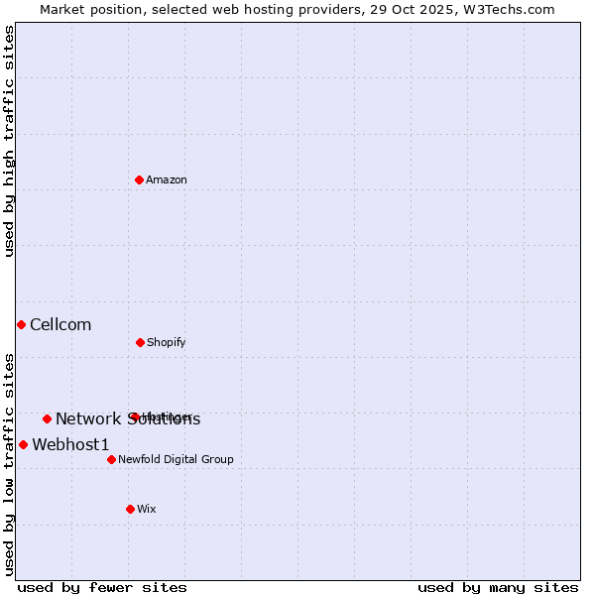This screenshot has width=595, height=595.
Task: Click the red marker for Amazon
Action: [140, 179]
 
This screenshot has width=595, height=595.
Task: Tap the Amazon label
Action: [167, 179]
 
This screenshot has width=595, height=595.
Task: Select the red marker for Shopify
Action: [140, 342]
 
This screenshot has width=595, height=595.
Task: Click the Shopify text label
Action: [167, 342]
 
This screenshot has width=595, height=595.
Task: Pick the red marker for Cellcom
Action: [21, 324]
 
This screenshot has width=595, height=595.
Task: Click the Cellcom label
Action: [60, 324]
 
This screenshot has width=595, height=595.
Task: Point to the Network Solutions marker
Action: [47, 418]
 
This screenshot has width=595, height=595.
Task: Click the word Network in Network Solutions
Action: [86, 418]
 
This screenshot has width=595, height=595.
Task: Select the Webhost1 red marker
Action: [23, 444]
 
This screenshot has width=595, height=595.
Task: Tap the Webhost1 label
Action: [70, 444]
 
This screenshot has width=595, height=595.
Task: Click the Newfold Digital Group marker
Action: [111, 459]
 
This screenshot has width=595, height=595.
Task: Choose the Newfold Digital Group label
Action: [176, 459]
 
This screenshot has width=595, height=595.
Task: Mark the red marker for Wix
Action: [130, 509]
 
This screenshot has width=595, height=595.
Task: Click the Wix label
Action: [147, 509]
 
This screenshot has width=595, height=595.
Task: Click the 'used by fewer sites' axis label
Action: [102, 587]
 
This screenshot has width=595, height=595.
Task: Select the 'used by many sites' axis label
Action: [498, 587]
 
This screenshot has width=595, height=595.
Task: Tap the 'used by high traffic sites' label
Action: [9, 141]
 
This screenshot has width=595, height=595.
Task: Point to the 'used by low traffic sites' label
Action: [9, 464]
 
